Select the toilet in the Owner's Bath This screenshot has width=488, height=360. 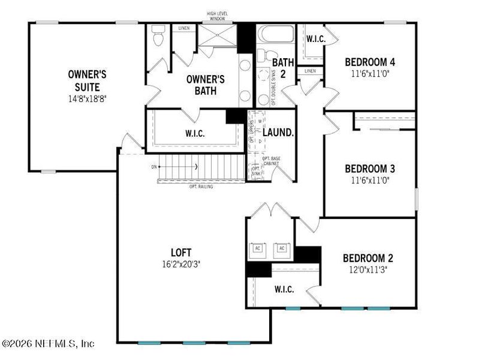point(158,38)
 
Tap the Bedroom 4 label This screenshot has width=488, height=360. point(370,62)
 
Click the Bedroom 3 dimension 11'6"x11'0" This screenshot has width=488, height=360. point(370,179)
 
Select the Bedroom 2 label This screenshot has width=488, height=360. point(368,258)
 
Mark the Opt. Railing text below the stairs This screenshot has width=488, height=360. point(201,187)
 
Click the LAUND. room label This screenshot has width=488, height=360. point(278,132)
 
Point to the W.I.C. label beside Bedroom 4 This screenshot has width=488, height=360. point(316,39)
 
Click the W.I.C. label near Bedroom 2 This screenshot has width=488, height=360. point(284,289)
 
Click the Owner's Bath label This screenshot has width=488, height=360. point(205,85)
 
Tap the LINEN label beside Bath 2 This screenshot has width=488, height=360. point(310,71)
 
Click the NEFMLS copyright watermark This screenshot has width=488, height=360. point(48,344)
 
